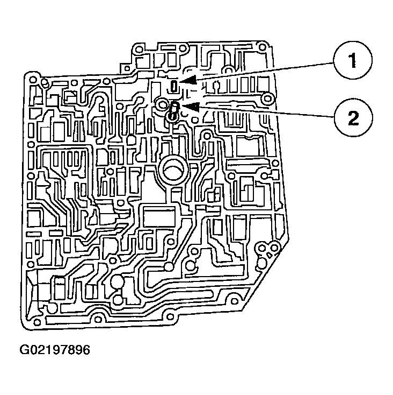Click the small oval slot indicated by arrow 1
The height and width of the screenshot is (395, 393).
[174, 86]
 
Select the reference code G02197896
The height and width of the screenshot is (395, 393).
[55, 350]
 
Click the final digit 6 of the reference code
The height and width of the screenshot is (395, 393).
[86, 350]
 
